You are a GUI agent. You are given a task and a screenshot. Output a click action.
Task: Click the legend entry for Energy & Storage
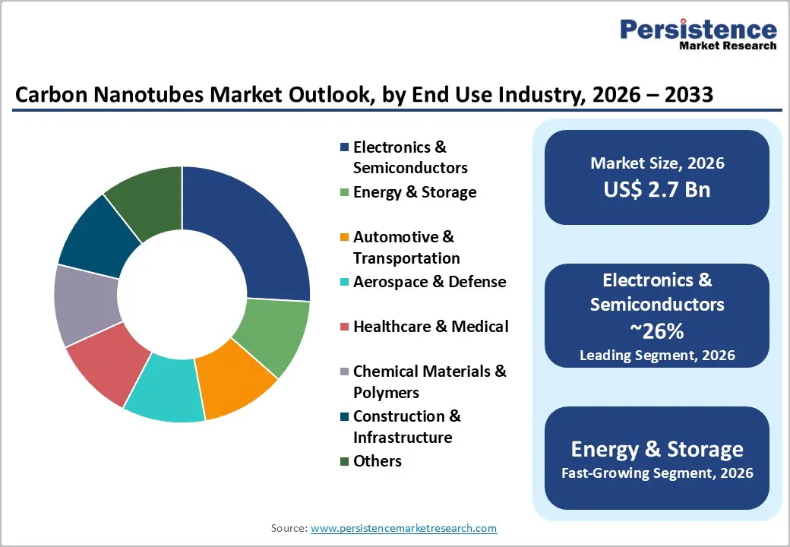[x=415, y=192]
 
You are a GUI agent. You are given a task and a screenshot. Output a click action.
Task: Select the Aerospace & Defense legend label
[x=429, y=282]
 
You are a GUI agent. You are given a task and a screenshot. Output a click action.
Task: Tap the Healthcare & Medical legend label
[x=431, y=327]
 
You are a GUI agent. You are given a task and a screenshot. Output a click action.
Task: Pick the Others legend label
[x=378, y=461]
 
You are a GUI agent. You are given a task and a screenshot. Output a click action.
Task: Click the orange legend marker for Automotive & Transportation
[x=345, y=237]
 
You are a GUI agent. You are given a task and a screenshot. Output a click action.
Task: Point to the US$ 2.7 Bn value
[x=657, y=189]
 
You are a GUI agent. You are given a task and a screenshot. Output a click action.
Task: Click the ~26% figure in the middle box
[x=657, y=330]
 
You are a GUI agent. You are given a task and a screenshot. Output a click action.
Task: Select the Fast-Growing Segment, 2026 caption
[x=657, y=473]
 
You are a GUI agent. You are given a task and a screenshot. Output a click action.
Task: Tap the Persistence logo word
[x=698, y=30]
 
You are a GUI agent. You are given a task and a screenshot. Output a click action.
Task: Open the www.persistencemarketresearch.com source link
[x=403, y=528]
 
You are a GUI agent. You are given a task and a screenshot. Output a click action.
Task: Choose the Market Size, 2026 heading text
[x=657, y=163]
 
